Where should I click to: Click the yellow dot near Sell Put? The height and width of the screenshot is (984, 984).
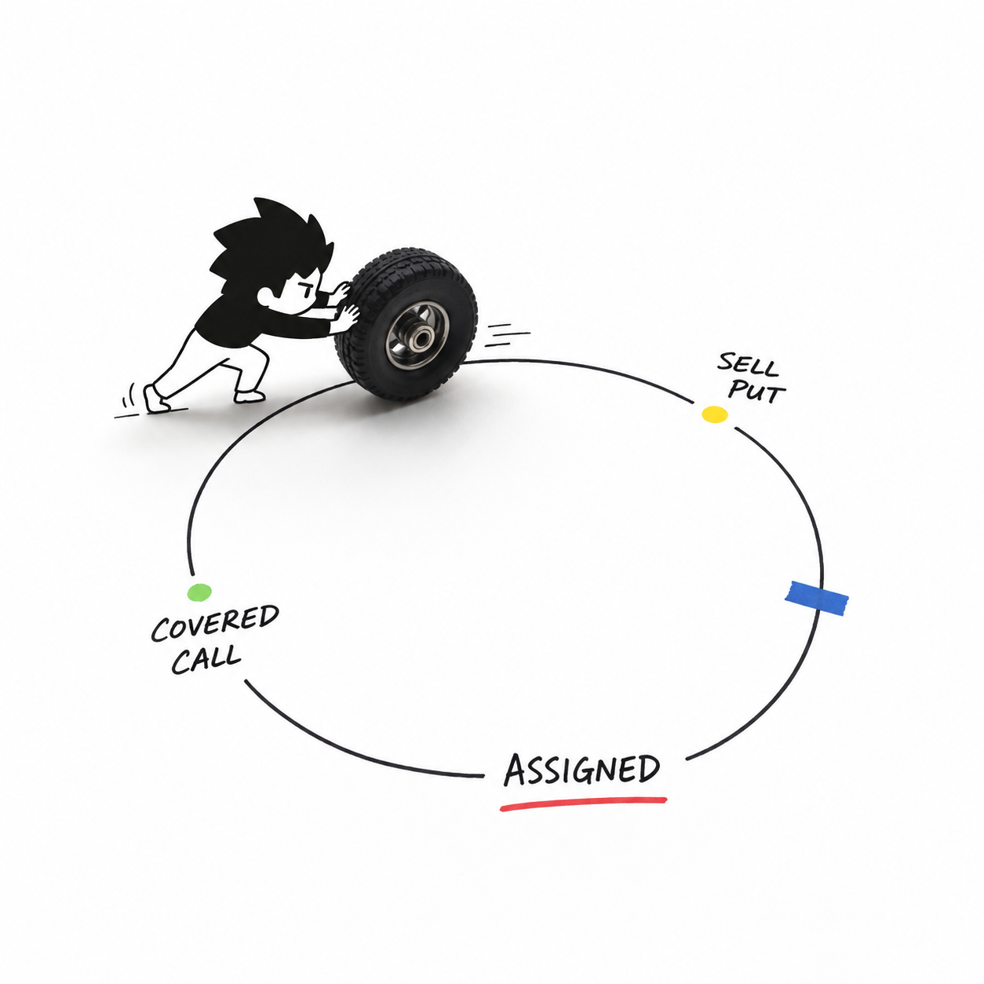point(714,414)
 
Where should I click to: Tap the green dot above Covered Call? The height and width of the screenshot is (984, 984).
point(199,592)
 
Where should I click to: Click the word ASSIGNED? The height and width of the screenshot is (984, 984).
point(581,770)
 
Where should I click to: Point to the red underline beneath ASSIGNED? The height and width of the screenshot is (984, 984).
point(583,804)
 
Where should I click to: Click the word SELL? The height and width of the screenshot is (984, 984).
point(748,365)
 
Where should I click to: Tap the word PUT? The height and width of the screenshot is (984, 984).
point(756,392)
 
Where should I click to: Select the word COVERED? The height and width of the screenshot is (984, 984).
point(215,623)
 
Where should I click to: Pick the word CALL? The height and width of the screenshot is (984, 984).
point(206,659)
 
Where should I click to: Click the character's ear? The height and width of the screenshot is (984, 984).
point(264,296)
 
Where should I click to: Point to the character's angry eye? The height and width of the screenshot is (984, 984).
point(305,290)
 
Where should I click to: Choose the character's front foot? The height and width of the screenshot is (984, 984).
point(250,395)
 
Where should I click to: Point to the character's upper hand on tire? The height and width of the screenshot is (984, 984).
point(341,293)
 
